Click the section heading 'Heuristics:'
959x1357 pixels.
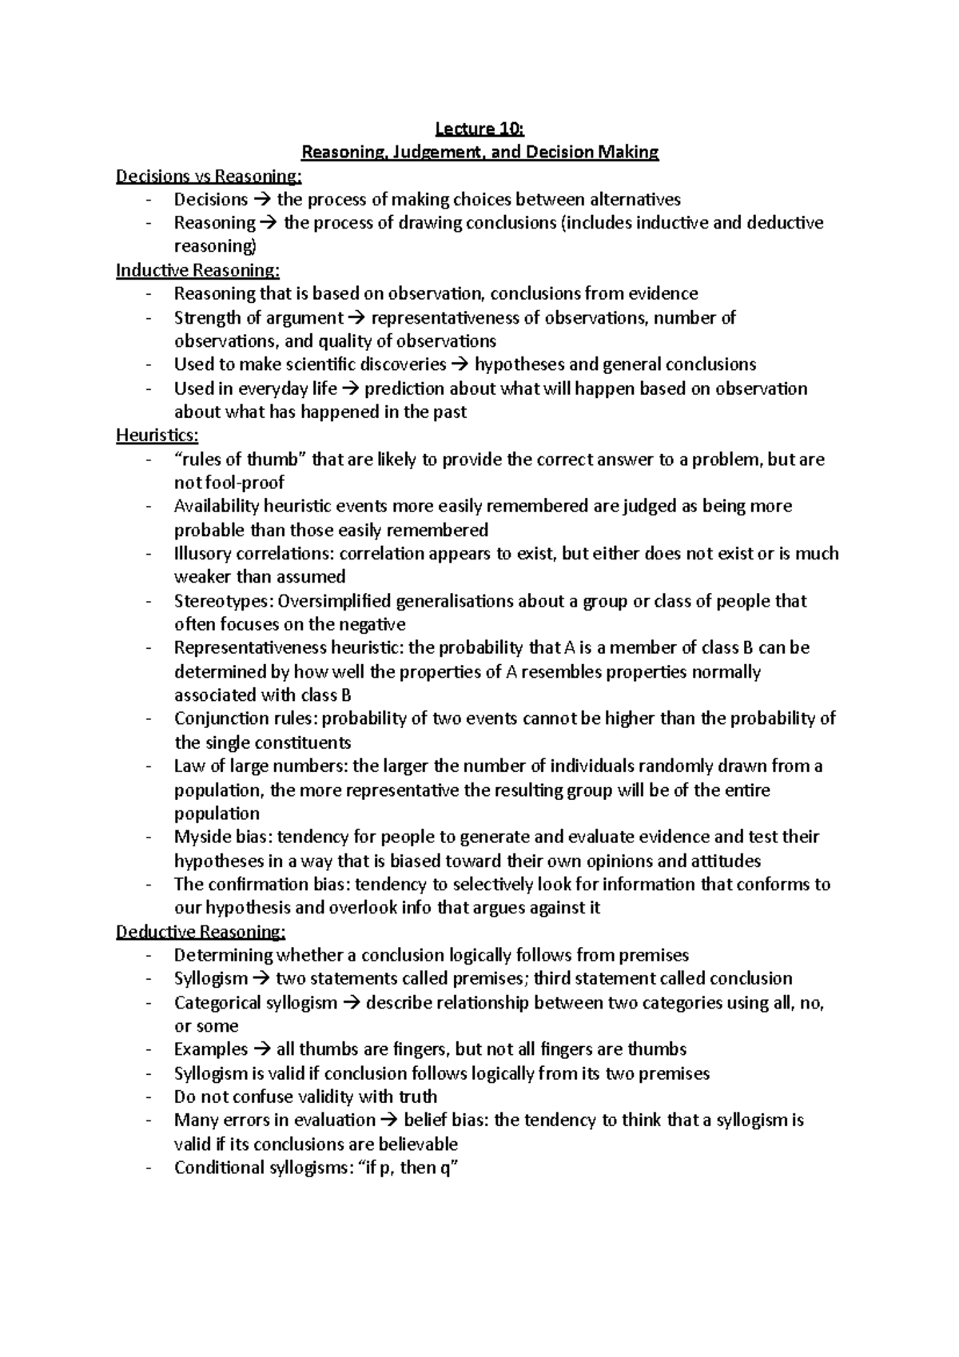click(157, 436)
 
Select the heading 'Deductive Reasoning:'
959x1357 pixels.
click(201, 932)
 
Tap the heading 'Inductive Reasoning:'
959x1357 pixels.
click(198, 270)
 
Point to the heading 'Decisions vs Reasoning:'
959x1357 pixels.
click(209, 176)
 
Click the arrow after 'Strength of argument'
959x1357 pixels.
click(357, 318)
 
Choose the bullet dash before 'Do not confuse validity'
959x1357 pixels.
click(149, 1097)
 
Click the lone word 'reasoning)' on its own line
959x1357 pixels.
click(214, 246)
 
